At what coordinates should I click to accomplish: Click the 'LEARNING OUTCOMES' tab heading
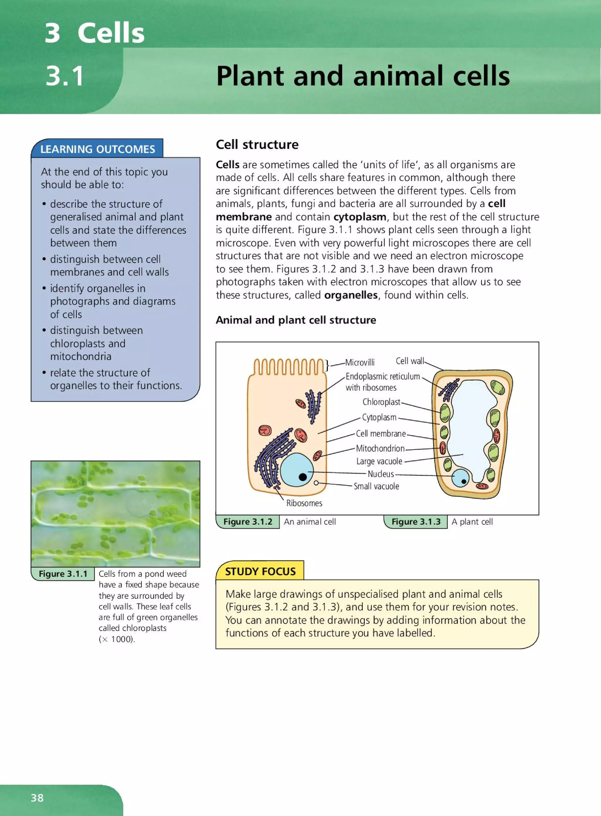[x=97, y=149]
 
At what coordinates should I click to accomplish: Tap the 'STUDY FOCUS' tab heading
[x=260, y=571]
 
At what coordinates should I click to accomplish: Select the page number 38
[x=37, y=798]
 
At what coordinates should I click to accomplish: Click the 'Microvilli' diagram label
[x=359, y=363]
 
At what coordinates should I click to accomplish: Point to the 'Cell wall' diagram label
[x=410, y=361]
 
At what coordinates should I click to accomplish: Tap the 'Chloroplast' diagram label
[x=381, y=402]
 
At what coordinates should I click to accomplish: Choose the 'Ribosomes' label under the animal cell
[x=304, y=503]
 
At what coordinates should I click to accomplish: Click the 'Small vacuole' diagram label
[x=376, y=486]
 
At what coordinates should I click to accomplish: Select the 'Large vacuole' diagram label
[x=379, y=461]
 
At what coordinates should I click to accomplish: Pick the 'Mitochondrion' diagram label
[x=380, y=448]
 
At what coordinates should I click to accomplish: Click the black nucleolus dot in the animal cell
[x=302, y=477]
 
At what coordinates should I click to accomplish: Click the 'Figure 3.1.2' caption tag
[x=248, y=522]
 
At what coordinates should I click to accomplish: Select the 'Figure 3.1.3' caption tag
[x=416, y=522]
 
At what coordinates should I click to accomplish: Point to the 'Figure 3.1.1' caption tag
[x=63, y=574]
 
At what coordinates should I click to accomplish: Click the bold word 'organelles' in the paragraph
[x=351, y=295]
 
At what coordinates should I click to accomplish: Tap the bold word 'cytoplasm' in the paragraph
[x=359, y=217]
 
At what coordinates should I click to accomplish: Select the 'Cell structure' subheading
[x=257, y=144]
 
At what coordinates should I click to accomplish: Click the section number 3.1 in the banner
[x=65, y=76]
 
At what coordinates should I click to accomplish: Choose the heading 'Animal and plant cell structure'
[x=296, y=320]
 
